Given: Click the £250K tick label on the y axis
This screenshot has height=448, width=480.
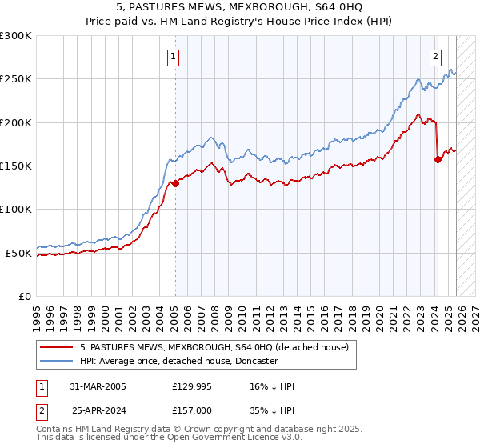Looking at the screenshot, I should click(x=16, y=79).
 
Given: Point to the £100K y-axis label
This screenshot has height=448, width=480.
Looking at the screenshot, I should click(x=16, y=210).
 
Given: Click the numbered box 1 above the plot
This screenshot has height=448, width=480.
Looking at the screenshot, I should click(x=174, y=56).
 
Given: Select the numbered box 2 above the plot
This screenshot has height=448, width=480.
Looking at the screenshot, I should click(x=436, y=56).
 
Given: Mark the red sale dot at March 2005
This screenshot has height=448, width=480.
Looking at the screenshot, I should click(x=175, y=184).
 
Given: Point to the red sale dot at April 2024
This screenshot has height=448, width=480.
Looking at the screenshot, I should click(x=438, y=159).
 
